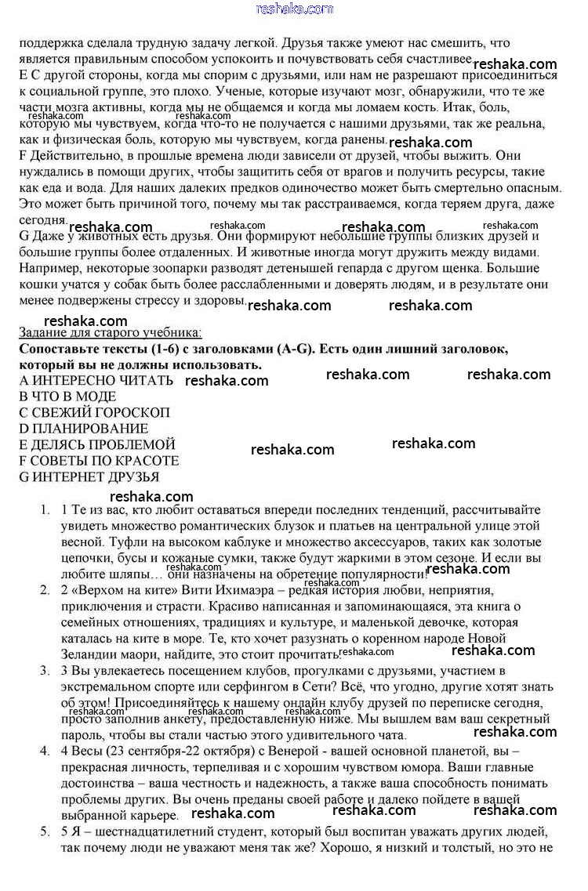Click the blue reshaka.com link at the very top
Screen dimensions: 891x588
pos(294,9)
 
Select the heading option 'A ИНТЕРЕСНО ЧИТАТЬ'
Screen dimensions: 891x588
pos(96,380)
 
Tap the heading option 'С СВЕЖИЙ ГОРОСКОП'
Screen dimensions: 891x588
pos(94,412)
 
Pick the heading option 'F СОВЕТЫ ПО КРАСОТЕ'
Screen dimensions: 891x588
pos(99,461)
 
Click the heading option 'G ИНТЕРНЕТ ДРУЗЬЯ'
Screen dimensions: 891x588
pos(89,476)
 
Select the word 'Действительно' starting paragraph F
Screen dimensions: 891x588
pos(74,157)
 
